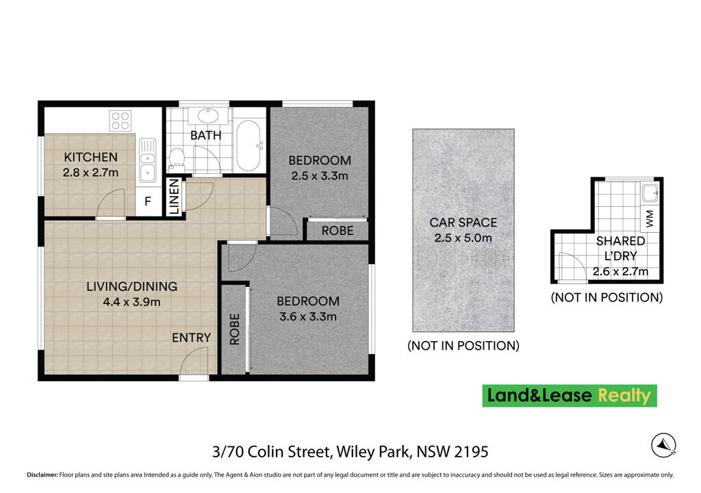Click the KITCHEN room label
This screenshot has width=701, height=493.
pyautogui.click(x=91, y=157)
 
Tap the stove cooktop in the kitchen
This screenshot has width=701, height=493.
pyautogui.click(x=120, y=121)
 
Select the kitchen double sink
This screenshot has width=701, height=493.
pyautogui.click(x=148, y=160)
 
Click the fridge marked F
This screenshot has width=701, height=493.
pyautogui.click(x=148, y=201)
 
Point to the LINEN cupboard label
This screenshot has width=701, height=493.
pyautogui.click(x=175, y=197)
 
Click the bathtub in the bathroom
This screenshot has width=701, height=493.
pyautogui.click(x=248, y=145)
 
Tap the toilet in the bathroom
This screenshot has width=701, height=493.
pyautogui.click(x=177, y=159)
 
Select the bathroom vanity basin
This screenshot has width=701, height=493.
pyautogui.click(x=207, y=116)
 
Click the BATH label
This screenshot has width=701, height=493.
pyautogui.click(x=205, y=135)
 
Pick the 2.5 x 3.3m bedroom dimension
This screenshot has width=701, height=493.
pyautogui.click(x=320, y=176)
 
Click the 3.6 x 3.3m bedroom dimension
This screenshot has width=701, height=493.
pyautogui.click(x=308, y=317)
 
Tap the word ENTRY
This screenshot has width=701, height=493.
pyautogui.click(x=192, y=338)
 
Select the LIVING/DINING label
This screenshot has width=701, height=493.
pyautogui.click(x=132, y=286)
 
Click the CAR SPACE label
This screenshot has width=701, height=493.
pyautogui.click(x=463, y=223)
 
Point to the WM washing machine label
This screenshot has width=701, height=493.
pyautogui.click(x=650, y=218)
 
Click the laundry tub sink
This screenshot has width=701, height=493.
pyautogui.click(x=650, y=193)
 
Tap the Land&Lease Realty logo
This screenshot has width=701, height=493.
pyautogui.click(x=570, y=396)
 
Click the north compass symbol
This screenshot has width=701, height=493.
pyautogui.click(x=663, y=446)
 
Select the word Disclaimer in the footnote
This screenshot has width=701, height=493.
pyautogui.click(x=42, y=475)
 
